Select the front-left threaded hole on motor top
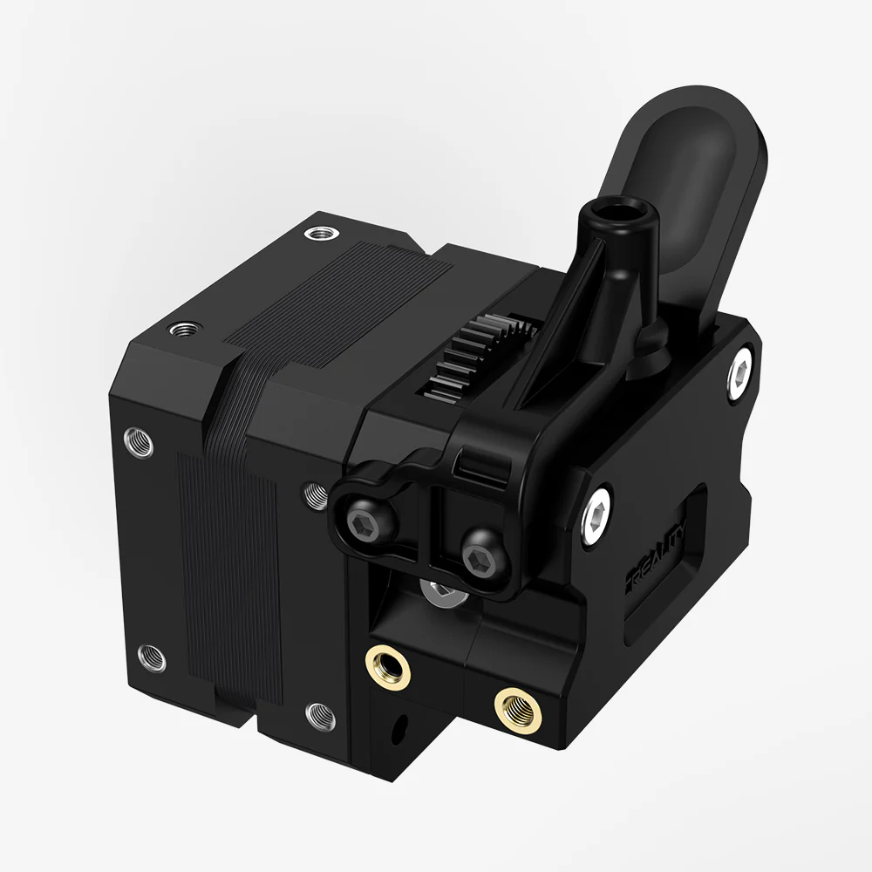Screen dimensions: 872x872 [x=182, y=330]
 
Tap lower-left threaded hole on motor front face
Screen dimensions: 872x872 [x=152, y=655]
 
